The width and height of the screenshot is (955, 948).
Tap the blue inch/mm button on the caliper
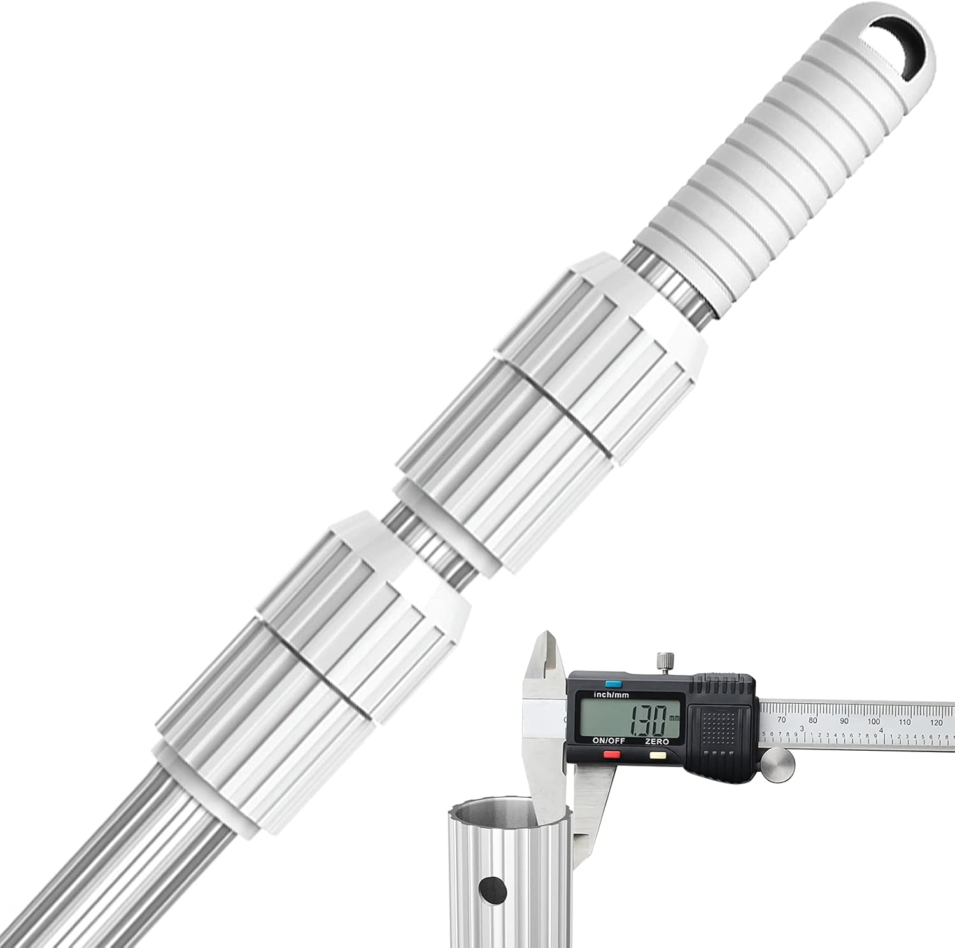(612, 684)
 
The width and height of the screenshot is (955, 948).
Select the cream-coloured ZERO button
(656, 755)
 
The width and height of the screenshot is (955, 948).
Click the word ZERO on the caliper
(656, 742)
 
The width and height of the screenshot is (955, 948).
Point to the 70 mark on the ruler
(782, 720)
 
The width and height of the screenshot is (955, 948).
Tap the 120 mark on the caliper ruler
(936, 721)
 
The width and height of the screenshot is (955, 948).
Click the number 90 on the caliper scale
(844, 721)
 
